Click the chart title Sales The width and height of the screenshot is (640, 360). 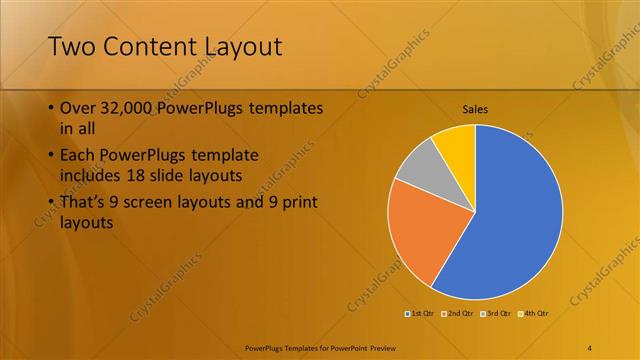pyautogui.click(x=475, y=109)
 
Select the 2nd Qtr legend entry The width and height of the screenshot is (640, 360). pyautogui.click(x=458, y=314)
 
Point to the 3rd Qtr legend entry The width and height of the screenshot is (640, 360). pyautogui.click(x=496, y=314)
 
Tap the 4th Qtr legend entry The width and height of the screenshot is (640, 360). pyautogui.click(x=533, y=314)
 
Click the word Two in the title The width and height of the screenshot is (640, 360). pyautogui.click(x=70, y=47)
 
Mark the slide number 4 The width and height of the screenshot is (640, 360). pyautogui.click(x=590, y=347)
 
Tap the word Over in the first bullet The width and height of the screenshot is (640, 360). pyautogui.click(x=78, y=107)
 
